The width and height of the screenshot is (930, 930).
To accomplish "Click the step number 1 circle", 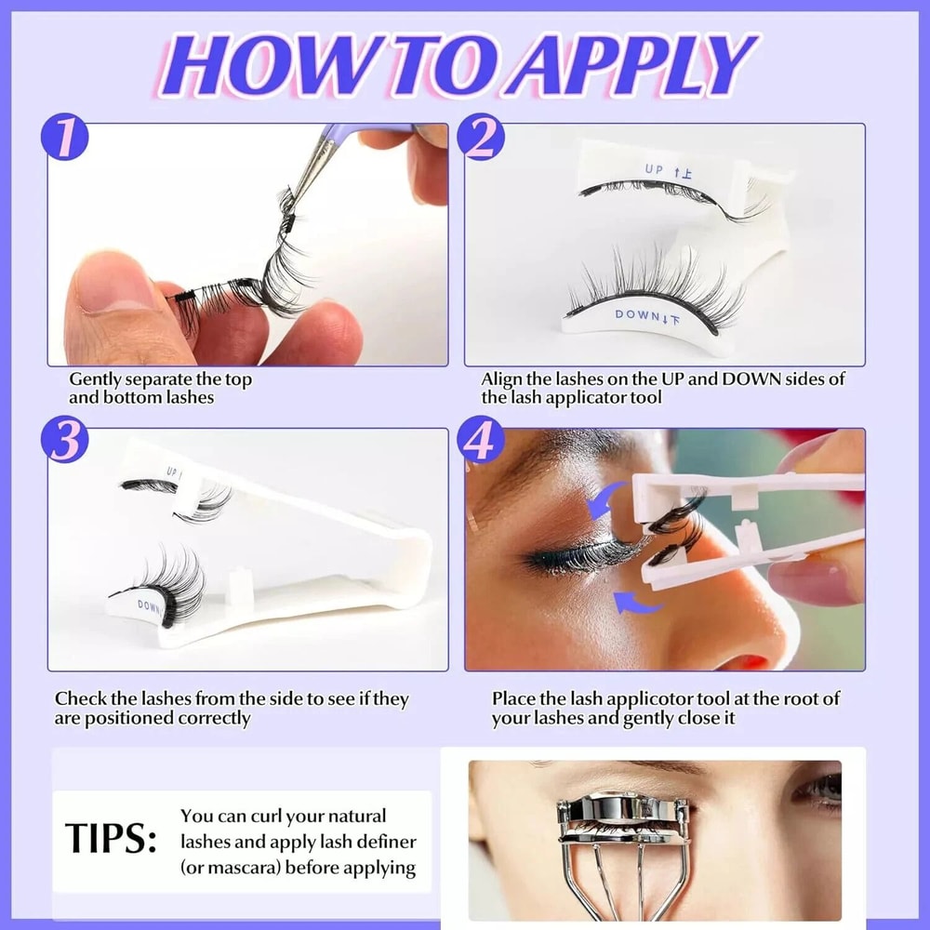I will pos(64,139).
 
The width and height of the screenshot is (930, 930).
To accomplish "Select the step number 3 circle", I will pos(64,444).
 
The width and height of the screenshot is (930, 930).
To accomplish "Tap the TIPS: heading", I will pos(111,839).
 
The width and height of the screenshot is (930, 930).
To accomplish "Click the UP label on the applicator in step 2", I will pos(655,168).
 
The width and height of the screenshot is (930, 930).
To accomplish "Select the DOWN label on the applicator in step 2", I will pos(636,316).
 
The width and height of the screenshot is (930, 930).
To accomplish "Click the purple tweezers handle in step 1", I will pos(367,134).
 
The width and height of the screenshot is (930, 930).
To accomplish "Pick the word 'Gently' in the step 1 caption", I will pos(97,379).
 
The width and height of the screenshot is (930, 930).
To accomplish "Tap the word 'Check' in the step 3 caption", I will pos(78,698).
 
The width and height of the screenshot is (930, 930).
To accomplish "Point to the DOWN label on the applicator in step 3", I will pos(149,605).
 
